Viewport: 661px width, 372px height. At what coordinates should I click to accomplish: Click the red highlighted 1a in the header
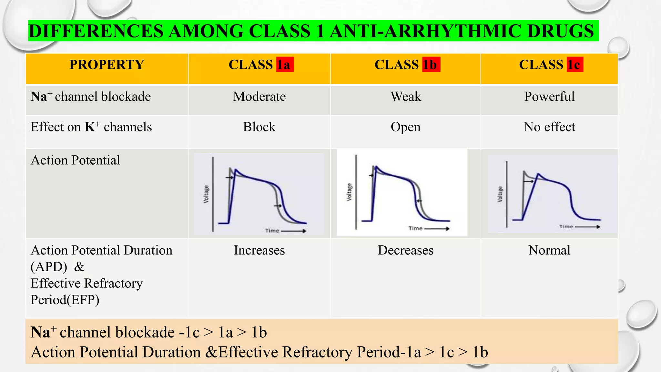pos(285,65)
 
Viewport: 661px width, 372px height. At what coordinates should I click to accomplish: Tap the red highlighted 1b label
pos(431,65)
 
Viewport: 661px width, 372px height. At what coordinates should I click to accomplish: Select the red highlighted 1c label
pos(575,65)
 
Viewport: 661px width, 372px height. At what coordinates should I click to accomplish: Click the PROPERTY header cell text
pos(107,65)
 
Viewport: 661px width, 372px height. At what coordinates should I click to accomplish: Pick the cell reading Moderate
pos(259,97)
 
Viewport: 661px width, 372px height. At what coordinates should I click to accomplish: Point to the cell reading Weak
pos(406,97)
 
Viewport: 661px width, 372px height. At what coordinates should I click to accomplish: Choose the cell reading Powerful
pos(549,97)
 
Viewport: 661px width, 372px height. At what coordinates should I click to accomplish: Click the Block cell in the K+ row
pos(259,127)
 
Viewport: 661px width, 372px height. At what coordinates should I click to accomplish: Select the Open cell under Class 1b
pos(406,127)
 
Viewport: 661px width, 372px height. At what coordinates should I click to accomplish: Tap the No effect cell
pos(549,127)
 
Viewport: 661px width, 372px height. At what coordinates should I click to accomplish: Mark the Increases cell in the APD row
pos(259,250)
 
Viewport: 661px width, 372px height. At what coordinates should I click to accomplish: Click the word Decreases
pos(406,250)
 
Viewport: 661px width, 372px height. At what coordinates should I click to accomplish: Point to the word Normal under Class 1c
pos(549,250)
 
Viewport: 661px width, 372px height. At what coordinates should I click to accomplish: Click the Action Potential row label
pos(75,160)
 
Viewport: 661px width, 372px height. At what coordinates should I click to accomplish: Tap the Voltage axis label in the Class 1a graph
pos(206,194)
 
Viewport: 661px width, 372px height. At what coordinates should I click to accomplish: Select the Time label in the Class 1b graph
pos(415,228)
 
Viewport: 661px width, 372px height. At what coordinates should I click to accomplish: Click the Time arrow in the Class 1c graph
pos(587,227)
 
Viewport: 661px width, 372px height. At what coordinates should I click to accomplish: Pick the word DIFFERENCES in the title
pos(96,31)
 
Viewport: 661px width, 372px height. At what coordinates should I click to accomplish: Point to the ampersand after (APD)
pos(79,267)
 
